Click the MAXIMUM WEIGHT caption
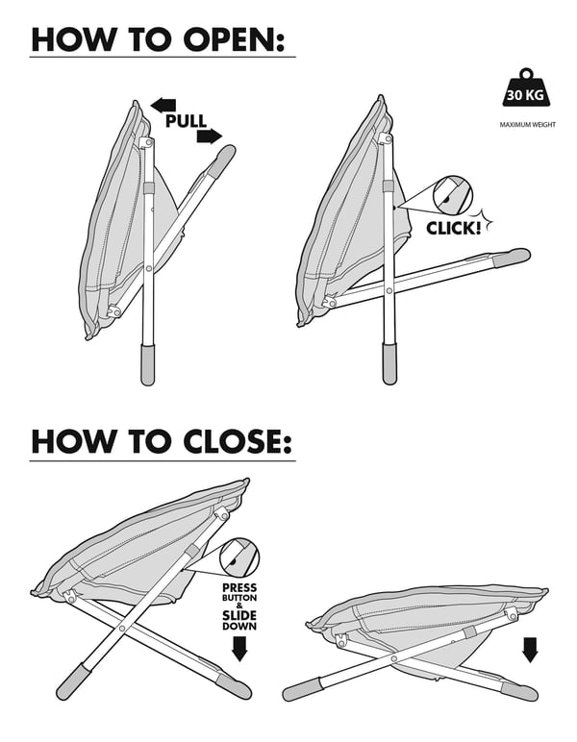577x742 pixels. [527, 125]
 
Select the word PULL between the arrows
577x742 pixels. [186, 121]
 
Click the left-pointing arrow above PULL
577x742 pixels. [163, 105]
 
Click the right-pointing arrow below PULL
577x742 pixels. [210, 136]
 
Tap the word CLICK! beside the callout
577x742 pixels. [454, 229]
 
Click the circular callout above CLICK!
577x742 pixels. [453, 195]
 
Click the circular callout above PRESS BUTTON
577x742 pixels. [239, 556]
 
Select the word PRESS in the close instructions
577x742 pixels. [240, 587]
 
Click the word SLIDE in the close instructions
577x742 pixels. [239, 615]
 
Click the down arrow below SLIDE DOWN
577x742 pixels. [239, 649]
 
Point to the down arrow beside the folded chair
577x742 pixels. [530, 650]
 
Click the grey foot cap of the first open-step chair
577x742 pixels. [148, 365]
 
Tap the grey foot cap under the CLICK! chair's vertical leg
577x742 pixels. [389, 364]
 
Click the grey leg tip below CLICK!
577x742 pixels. [512, 257]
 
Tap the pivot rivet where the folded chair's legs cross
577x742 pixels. [394, 658]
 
